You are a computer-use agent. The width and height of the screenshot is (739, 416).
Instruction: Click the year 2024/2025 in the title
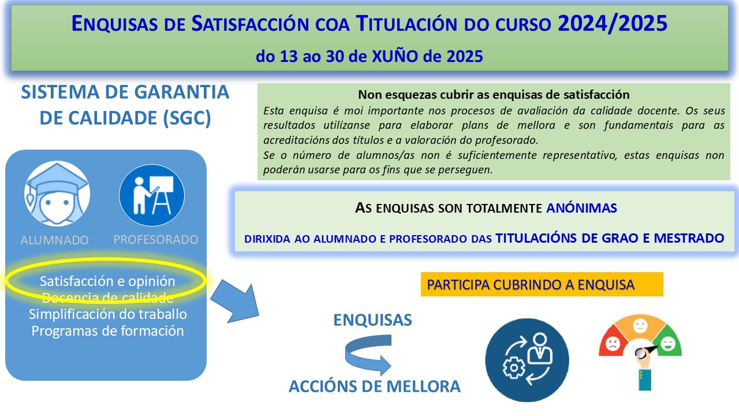pos(613,24)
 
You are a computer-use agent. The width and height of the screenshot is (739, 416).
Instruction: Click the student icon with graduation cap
pos(57,194)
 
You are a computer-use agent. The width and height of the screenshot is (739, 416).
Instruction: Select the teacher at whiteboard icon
pos(152,195)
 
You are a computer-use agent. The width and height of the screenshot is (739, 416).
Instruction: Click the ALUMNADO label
pos(54,240)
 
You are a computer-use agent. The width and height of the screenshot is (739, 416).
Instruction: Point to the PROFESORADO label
pos(156,239)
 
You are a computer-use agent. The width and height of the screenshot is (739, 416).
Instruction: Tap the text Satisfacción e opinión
pos(107,281)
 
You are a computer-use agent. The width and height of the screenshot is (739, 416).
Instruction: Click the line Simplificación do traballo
pos(108,314)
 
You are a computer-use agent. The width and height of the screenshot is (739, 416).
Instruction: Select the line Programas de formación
pos(107,331)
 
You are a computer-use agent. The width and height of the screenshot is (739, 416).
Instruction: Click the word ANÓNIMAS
pos(581,208)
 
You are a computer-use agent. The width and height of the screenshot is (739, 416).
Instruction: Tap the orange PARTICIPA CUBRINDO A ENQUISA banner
pos(542,284)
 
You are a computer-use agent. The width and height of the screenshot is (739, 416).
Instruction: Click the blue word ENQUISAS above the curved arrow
pos(373,320)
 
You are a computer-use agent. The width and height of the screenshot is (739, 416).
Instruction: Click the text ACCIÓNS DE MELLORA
pos(375,387)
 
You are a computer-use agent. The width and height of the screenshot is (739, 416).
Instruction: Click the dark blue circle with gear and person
pos(527,360)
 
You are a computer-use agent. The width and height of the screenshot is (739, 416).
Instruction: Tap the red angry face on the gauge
pos(613,344)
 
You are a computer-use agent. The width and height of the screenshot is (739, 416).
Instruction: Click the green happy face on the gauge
pos(668,344)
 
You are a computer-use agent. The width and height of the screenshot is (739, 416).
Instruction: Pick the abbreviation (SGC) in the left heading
pos(187,118)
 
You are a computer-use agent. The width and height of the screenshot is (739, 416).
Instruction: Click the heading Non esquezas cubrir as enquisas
pos(494,95)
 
